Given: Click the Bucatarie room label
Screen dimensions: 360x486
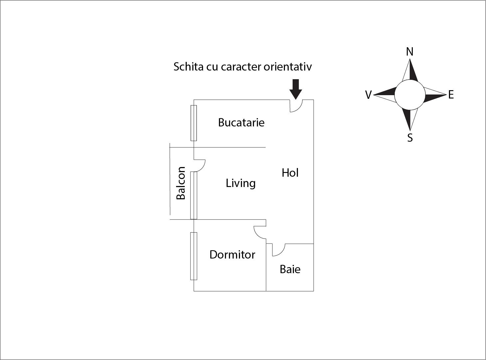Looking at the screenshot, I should (x=241, y=122).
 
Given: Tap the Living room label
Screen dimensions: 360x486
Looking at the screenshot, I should (x=240, y=183).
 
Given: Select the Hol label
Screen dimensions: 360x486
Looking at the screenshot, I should (x=290, y=173).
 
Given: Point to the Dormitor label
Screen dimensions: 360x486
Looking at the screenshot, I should (x=232, y=255).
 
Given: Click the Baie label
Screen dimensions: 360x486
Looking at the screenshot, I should (x=290, y=269).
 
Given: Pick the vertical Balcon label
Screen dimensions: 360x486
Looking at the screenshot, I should (x=181, y=183).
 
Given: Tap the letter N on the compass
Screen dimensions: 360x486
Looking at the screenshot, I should (x=410, y=52).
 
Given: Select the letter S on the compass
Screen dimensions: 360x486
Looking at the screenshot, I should (x=410, y=138).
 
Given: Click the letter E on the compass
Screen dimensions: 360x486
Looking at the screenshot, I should (x=451, y=95).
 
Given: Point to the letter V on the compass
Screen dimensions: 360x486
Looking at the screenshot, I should (x=368, y=95).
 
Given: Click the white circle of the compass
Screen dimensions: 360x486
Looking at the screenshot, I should (x=410, y=95).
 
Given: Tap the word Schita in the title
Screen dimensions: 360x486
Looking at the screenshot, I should (x=188, y=67).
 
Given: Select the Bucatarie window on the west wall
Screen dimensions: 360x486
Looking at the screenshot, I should (x=193, y=123).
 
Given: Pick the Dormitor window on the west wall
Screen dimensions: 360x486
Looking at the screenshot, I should (x=193, y=256).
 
